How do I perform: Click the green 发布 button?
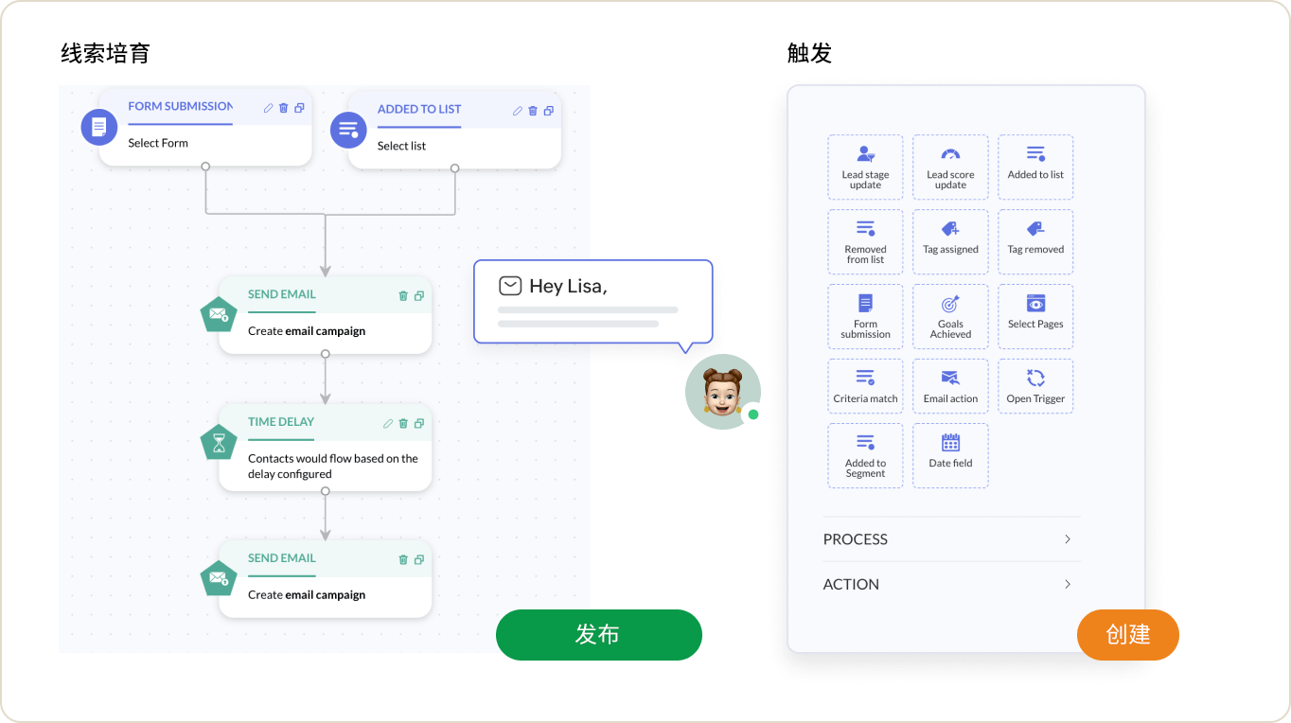(599, 635)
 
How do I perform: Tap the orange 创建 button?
(1128, 635)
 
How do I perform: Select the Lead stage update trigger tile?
(865, 168)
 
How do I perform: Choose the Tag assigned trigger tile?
(950, 242)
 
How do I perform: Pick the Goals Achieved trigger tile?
(950, 316)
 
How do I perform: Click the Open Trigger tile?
(1035, 386)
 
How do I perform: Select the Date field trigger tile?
(950, 456)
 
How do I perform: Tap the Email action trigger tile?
(950, 386)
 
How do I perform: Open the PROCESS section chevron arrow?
(1068, 539)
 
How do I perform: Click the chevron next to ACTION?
(1068, 584)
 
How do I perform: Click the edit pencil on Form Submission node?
(268, 108)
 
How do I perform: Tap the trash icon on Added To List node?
(533, 111)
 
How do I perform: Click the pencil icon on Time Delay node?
(388, 423)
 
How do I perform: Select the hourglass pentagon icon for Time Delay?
(219, 443)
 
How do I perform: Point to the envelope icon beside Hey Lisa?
(510, 286)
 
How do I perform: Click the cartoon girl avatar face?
(721, 392)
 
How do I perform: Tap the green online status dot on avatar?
(753, 414)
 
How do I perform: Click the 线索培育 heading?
(105, 53)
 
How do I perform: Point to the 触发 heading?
(810, 53)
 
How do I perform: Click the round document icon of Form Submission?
(99, 127)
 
